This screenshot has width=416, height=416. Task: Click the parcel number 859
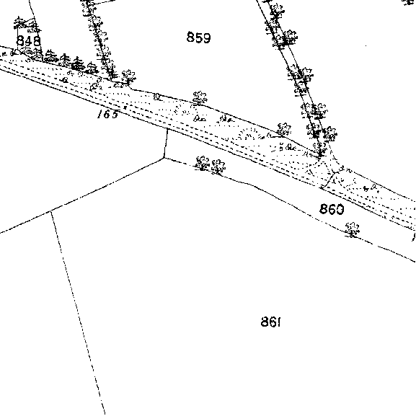click(199, 37)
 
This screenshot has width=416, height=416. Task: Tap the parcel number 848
click(29, 41)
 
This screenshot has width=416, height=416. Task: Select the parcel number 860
click(332, 209)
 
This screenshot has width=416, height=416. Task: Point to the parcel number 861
click(271, 322)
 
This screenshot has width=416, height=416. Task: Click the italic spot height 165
click(107, 115)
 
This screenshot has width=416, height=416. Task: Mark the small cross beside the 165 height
click(125, 107)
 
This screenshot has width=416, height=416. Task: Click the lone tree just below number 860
click(353, 230)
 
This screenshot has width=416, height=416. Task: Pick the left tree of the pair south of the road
click(202, 163)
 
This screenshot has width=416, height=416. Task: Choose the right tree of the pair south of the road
click(218, 167)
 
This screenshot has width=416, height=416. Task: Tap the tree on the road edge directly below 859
click(200, 98)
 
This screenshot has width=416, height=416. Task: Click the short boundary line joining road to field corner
click(166, 143)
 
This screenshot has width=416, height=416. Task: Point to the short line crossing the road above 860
click(329, 180)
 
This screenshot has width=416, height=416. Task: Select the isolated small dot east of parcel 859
click(366, 45)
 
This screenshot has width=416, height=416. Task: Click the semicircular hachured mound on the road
click(248, 134)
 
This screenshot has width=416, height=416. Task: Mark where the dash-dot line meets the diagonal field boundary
click(50, 211)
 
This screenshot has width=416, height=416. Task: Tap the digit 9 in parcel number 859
click(207, 37)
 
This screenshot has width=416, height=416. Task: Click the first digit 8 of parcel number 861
click(265, 322)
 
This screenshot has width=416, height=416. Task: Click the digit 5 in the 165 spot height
click(115, 115)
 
